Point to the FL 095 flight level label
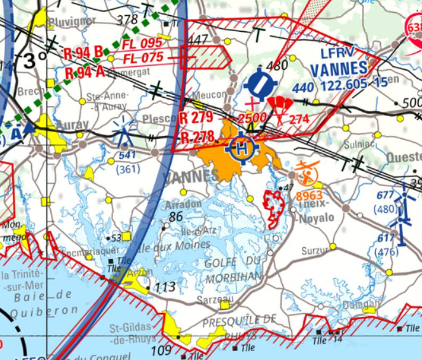(142, 44)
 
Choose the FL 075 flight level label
(144, 58)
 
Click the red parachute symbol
(279, 105)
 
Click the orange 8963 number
(310, 196)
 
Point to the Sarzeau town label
(216, 299)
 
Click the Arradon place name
(183, 205)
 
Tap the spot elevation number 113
(165, 288)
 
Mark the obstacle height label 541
(128, 156)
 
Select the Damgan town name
(361, 305)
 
